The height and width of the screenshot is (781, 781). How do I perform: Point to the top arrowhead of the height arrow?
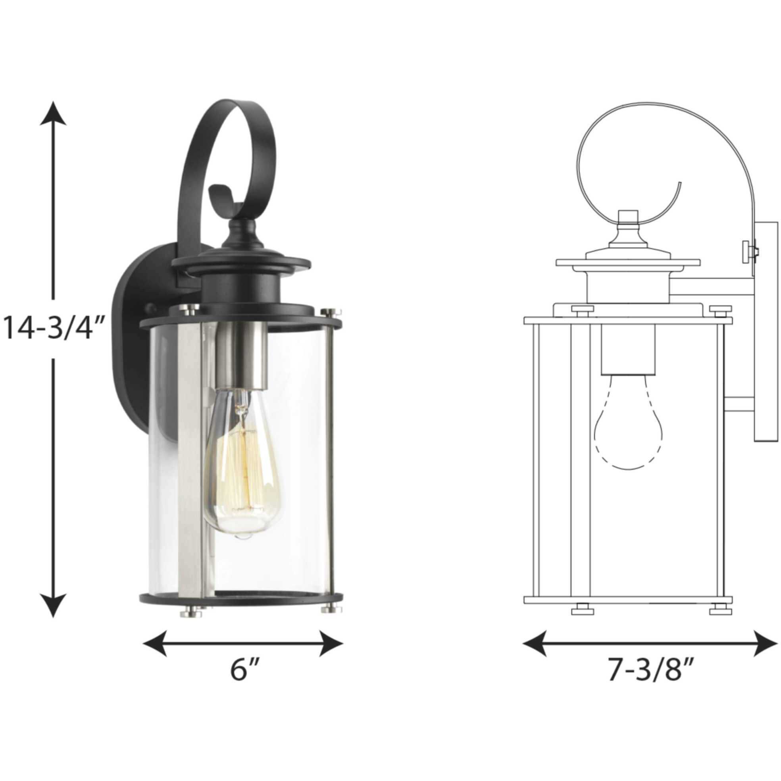pyautogui.click(x=53, y=115)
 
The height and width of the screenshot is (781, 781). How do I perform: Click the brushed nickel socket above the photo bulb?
pyautogui.click(x=241, y=352)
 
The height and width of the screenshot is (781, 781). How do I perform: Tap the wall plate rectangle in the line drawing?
pyautogui.click(x=765, y=331)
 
